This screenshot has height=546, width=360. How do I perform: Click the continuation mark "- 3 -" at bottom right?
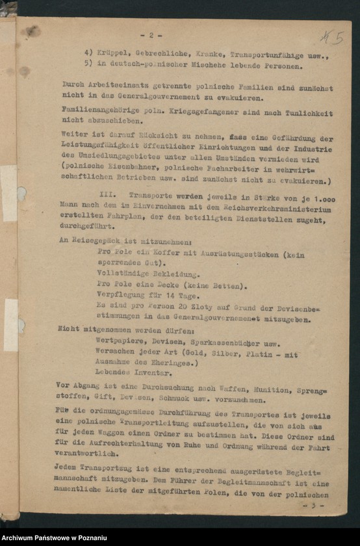pos(316,504)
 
